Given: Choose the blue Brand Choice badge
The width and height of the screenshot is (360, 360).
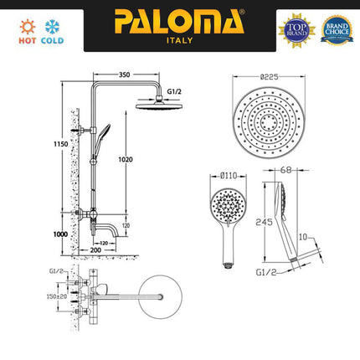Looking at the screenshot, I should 337,28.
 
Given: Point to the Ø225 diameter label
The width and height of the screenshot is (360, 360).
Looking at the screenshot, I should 269,75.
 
